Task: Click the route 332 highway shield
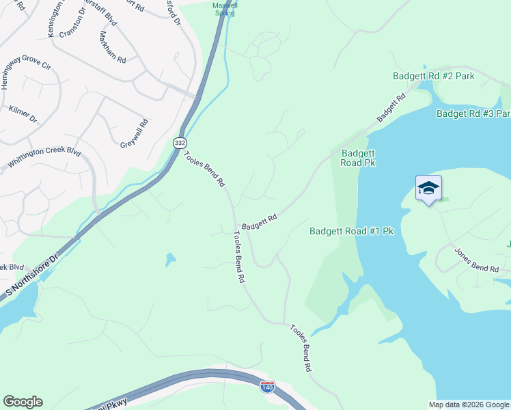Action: click(x=180, y=142)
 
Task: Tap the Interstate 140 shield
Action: click(x=268, y=387)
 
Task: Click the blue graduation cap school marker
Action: click(x=428, y=188)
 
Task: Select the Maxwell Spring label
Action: click(x=225, y=8)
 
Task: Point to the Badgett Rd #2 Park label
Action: click(x=433, y=77)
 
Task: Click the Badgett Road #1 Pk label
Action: click(x=351, y=232)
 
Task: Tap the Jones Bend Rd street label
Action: click(x=476, y=261)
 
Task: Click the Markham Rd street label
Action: click(x=113, y=47)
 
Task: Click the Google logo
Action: click(x=23, y=402)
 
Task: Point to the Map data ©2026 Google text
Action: click(x=468, y=405)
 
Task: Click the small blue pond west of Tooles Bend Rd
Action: click(x=169, y=259)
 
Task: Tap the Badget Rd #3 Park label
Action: click(x=473, y=113)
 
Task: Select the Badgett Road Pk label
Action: click(x=359, y=158)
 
